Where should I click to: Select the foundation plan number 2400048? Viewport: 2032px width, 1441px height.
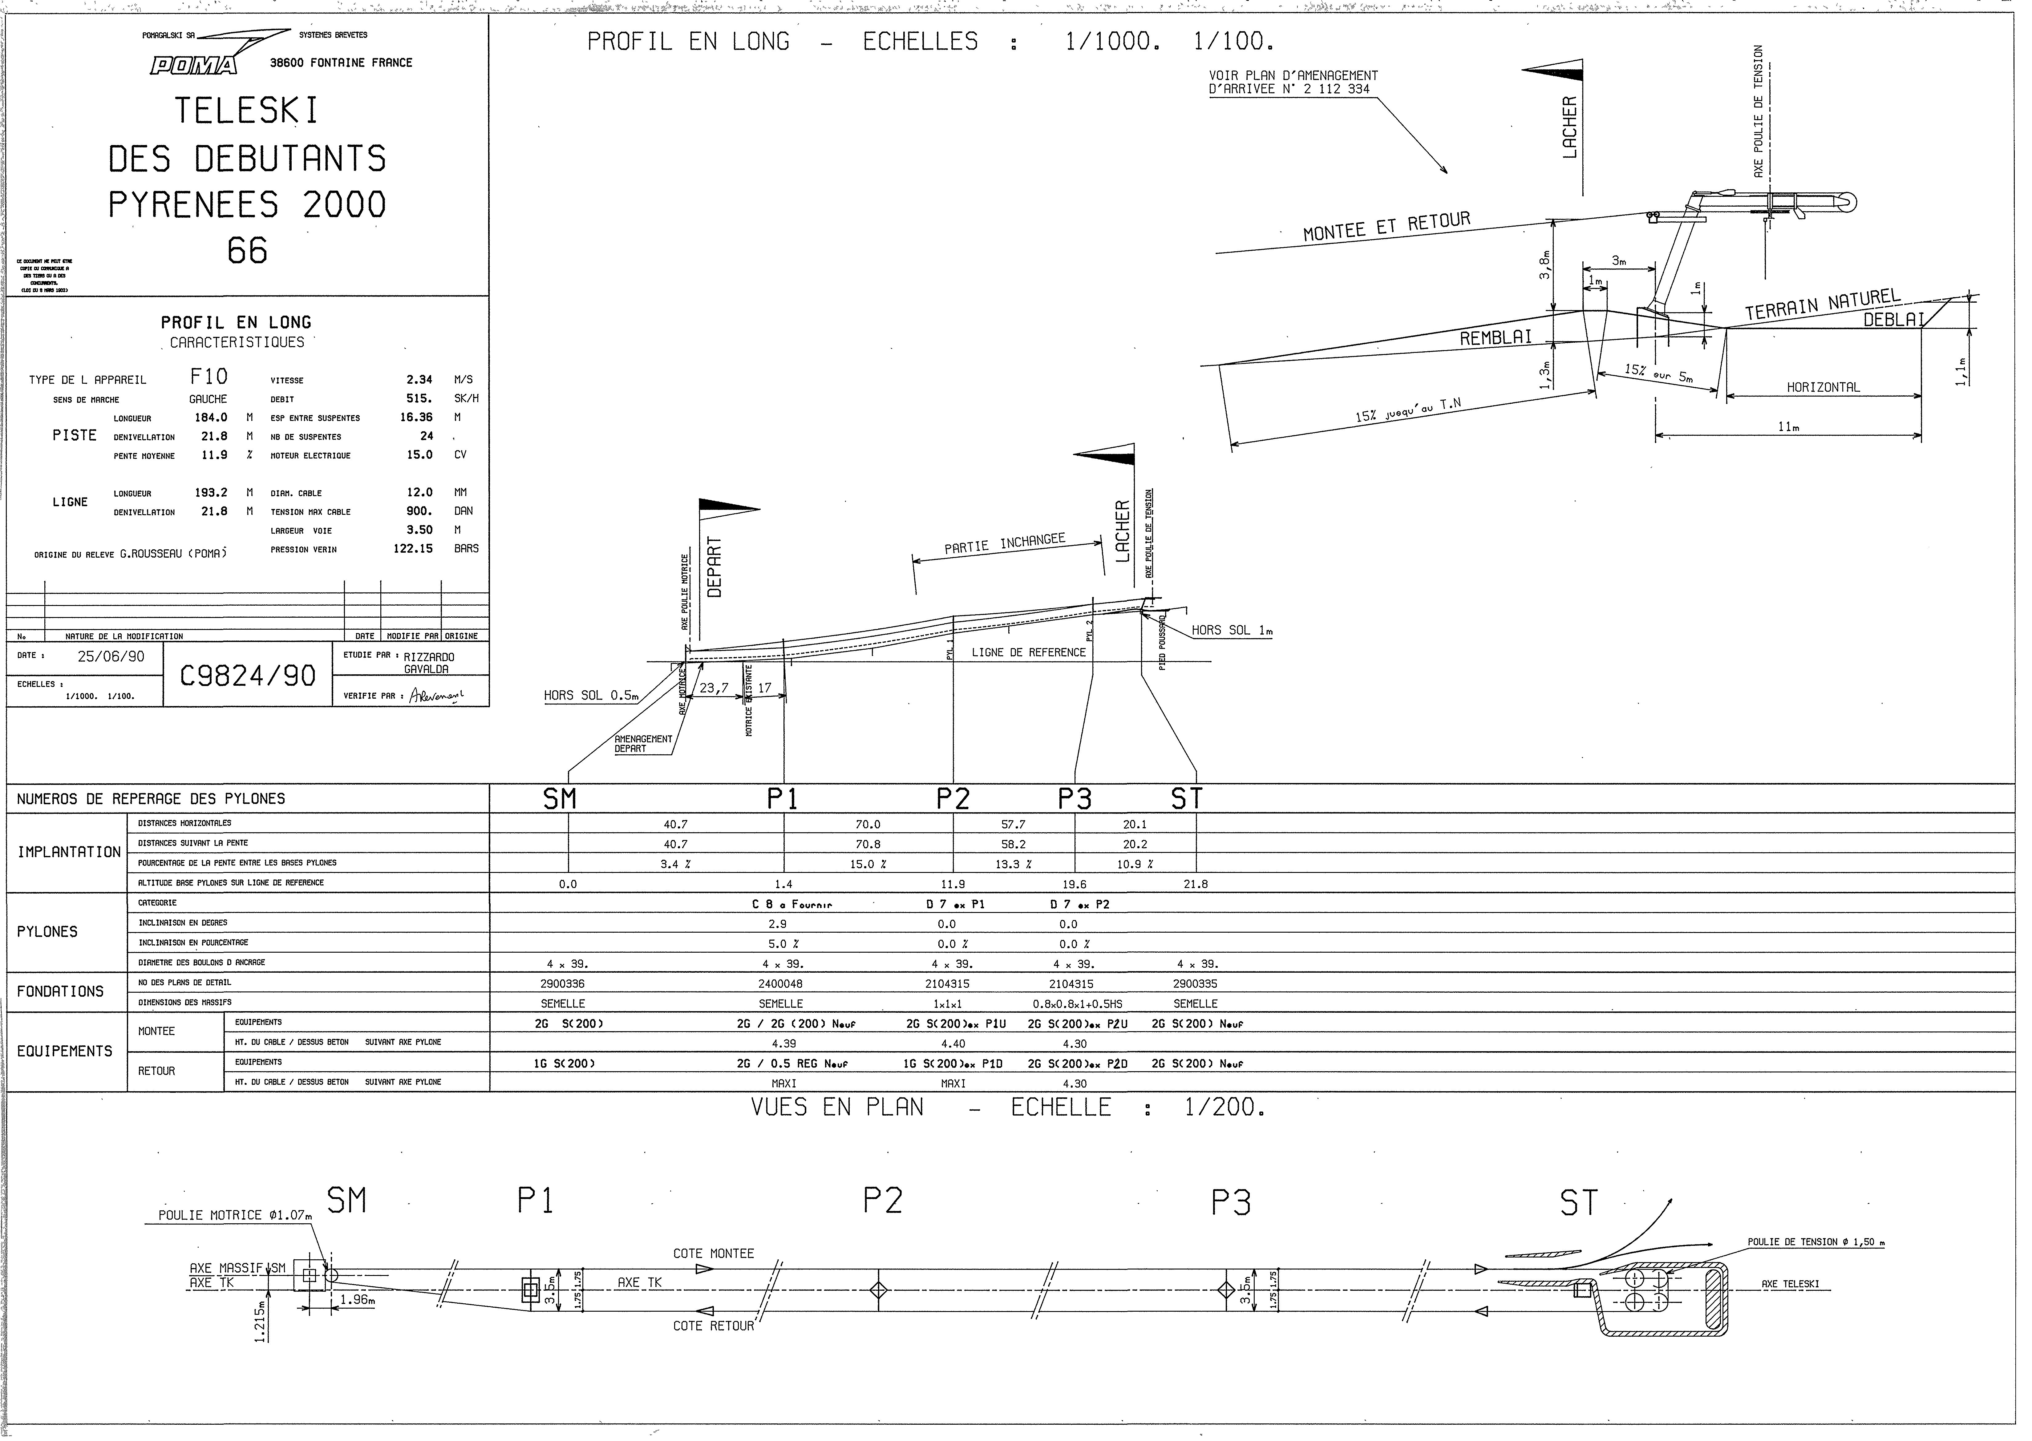(x=782, y=984)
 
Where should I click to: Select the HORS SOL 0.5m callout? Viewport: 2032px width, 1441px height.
(x=591, y=696)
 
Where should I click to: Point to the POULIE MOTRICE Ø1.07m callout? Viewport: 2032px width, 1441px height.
(x=235, y=1216)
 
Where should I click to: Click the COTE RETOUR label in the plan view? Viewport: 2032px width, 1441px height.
(x=714, y=1326)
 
